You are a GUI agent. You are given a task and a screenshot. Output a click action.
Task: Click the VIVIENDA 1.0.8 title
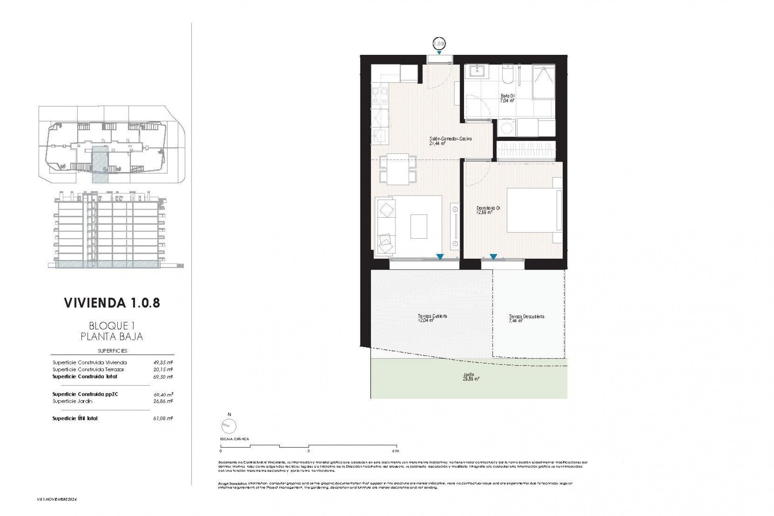coord(112,303)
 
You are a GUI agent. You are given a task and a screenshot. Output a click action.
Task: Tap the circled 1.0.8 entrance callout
coord(439,43)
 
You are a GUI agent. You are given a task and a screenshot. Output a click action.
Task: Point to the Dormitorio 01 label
coord(488,210)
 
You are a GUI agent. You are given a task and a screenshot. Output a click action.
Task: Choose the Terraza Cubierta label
coord(432,318)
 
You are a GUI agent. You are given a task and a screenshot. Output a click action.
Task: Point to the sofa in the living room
coord(386,226)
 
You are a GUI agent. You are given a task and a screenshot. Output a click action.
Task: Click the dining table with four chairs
coord(398,170)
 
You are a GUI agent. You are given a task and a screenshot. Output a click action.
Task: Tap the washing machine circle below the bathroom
coord(506,129)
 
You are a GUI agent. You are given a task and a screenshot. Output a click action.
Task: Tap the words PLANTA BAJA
coord(112,337)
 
